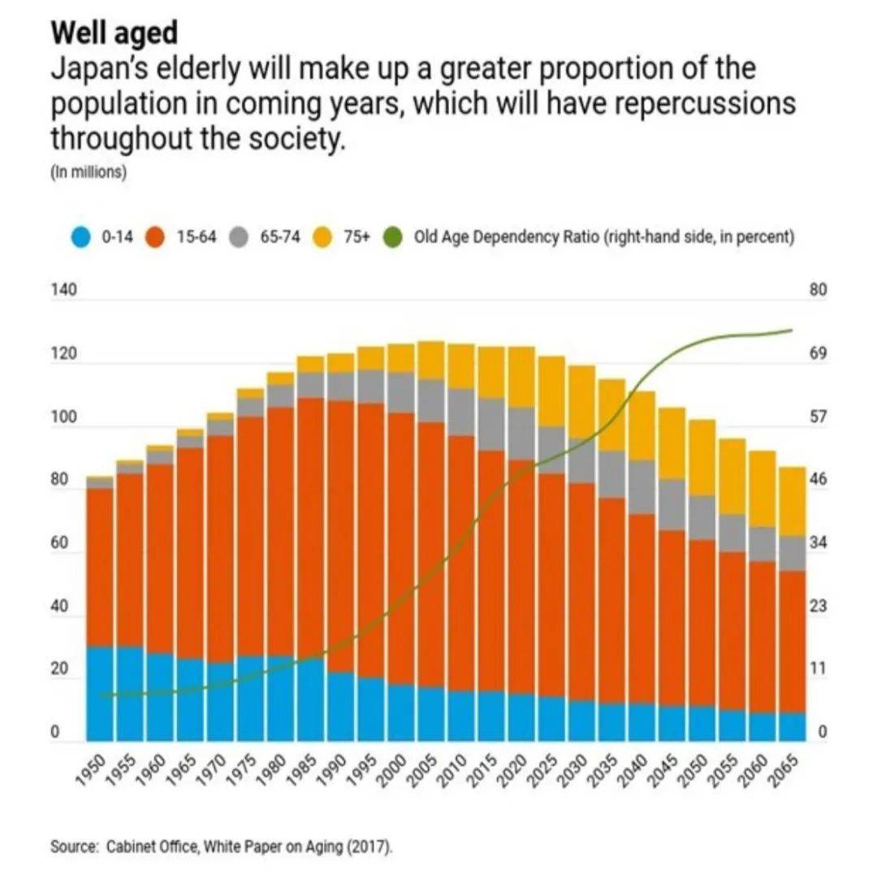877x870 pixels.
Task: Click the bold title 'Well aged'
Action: click(x=114, y=34)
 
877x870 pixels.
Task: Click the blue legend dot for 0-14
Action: click(x=80, y=238)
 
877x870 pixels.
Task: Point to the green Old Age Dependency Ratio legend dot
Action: click(x=395, y=238)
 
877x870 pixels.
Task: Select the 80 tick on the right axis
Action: click(x=818, y=291)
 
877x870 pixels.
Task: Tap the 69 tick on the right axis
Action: click(x=818, y=354)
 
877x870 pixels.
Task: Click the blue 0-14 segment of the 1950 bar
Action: click(x=99, y=695)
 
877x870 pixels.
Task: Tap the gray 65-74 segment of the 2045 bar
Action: click(x=672, y=504)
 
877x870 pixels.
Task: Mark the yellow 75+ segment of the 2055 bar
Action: click(x=732, y=476)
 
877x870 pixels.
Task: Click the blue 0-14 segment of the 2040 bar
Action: click(x=642, y=722)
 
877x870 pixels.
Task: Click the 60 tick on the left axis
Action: click(x=58, y=543)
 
